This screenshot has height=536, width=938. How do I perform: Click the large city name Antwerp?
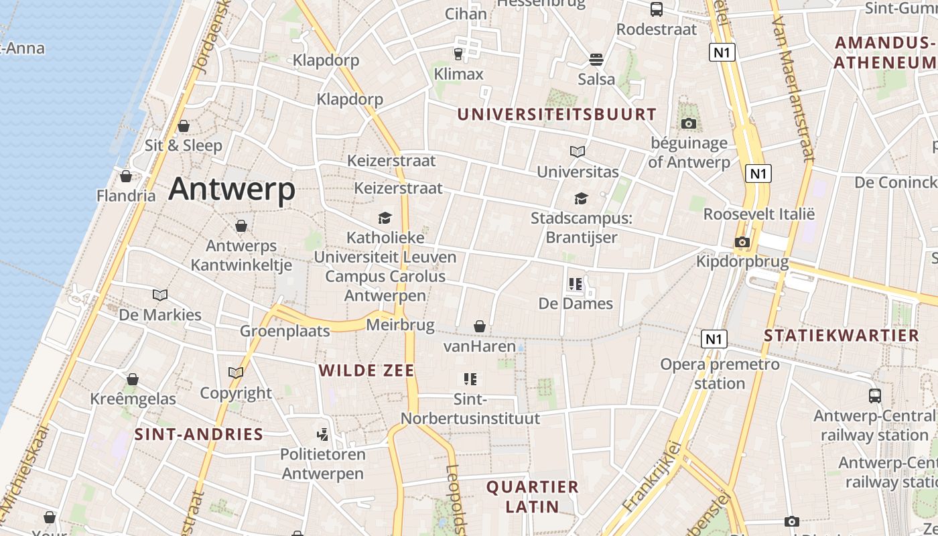(232, 189)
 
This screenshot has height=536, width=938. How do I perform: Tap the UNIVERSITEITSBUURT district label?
(557, 115)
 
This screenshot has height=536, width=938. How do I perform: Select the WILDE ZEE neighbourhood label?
(366, 371)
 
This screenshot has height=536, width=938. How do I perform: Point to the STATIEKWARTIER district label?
(842, 336)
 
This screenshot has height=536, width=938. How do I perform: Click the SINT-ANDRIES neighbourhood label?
(199, 434)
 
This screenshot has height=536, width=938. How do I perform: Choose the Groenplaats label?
(285, 331)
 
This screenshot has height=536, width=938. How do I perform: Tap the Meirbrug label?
(401, 326)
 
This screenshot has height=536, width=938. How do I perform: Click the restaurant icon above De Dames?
(575, 284)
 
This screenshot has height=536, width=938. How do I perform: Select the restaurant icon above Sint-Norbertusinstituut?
(470, 379)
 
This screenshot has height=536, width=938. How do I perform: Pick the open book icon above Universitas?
(578, 152)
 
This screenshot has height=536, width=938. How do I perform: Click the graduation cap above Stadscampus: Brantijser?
(581, 199)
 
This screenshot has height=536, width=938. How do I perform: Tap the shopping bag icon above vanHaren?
(480, 326)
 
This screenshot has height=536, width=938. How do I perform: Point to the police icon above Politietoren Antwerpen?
(323, 434)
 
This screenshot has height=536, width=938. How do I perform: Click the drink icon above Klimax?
(458, 54)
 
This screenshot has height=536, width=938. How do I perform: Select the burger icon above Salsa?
(596, 60)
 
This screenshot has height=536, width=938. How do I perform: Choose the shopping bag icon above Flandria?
(126, 176)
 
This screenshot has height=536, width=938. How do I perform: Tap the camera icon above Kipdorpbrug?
(742, 242)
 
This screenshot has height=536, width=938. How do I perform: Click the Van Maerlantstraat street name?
(793, 87)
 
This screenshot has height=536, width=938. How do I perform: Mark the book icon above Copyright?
(236, 373)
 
